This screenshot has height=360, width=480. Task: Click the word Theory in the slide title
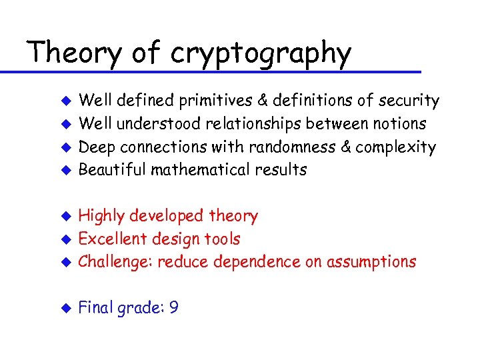pos(73,53)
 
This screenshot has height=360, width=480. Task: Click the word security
pos(408,101)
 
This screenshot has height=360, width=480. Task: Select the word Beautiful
pos(113,169)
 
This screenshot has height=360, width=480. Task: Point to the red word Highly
pos(101,216)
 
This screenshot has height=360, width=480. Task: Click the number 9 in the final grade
pos(173,308)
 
